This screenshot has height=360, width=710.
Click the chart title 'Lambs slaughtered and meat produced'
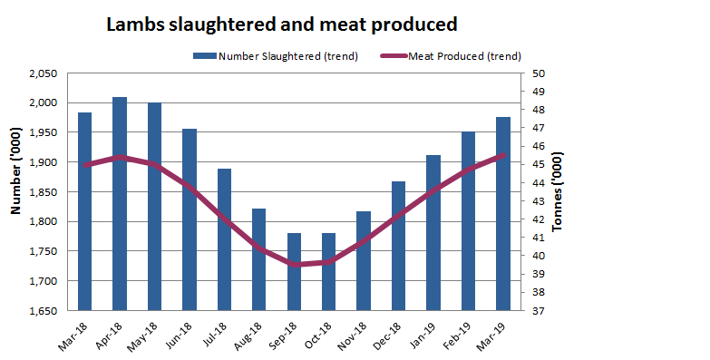(281, 24)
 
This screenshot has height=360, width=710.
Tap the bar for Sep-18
(294, 271)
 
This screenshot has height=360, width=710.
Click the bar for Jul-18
(224, 239)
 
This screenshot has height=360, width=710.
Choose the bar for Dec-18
(398, 246)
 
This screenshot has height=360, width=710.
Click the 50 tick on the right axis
(539, 73)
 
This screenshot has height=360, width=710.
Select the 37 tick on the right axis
(539, 310)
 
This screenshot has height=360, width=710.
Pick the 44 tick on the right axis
(539, 183)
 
